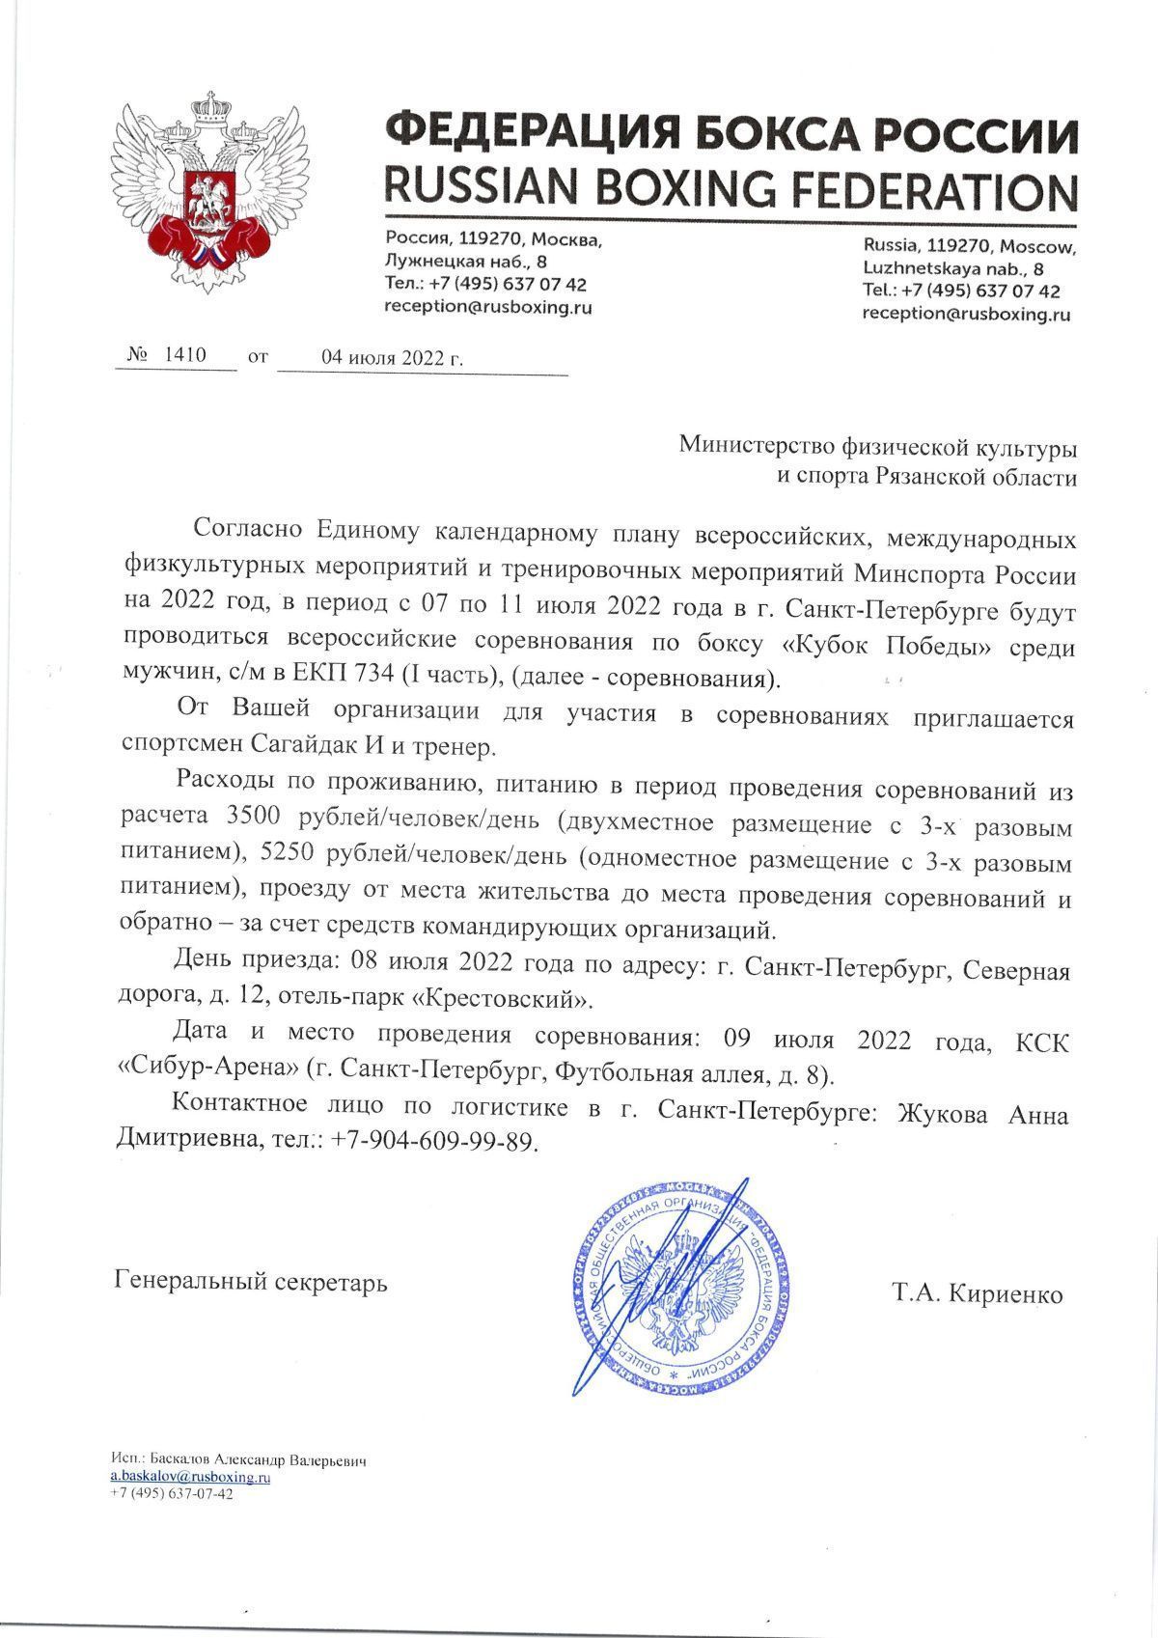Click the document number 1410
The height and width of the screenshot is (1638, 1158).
pyautogui.click(x=186, y=355)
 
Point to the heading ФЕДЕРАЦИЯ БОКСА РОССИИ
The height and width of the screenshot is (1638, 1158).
pyautogui.click(x=731, y=132)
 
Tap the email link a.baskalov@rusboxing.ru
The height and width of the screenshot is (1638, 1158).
pyautogui.click(x=189, y=1477)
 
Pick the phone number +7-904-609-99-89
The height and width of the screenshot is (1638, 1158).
pyautogui.click(x=432, y=1142)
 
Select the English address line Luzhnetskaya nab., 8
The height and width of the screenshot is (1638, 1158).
pyautogui.click(x=953, y=269)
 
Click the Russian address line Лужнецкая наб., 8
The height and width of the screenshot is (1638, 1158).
pyautogui.click(x=466, y=262)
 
